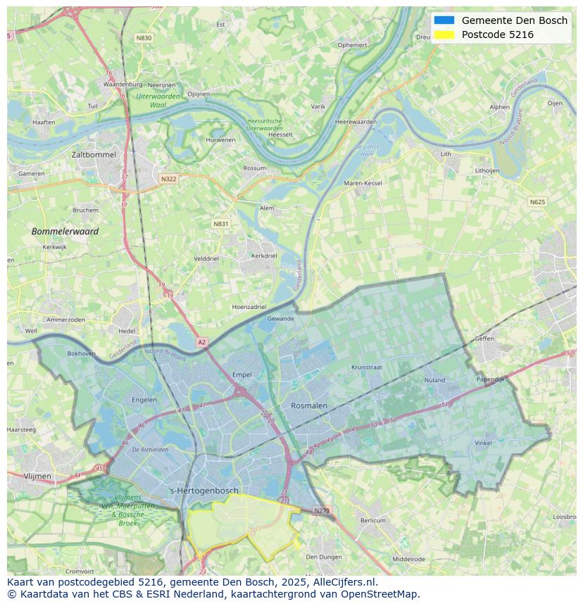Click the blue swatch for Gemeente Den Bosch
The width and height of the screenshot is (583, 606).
coord(444,20)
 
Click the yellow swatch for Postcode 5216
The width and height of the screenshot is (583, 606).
coord(444,34)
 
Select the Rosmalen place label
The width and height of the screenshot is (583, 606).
coord(309,405)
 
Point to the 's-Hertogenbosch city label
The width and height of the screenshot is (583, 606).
coord(204,491)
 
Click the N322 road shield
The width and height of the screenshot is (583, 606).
coord(168,179)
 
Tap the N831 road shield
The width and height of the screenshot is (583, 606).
coord(221,224)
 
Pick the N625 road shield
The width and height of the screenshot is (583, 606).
coord(537,202)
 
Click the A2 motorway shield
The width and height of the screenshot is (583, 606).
coord(202,342)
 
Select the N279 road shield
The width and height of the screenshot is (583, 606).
coord(322,510)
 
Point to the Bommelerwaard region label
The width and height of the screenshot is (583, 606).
coord(65,231)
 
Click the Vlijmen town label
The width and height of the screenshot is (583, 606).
coord(37,476)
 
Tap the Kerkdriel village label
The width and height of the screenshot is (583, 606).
coord(264,255)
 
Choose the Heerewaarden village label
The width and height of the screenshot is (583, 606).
coord(356,122)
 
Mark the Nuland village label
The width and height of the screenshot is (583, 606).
coord(434,380)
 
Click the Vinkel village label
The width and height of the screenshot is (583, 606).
coord(483,443)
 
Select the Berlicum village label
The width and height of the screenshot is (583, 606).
coord(372,520)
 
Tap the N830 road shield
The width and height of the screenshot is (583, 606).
coord(144,38)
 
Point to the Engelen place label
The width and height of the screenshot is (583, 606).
coord(144,400)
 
